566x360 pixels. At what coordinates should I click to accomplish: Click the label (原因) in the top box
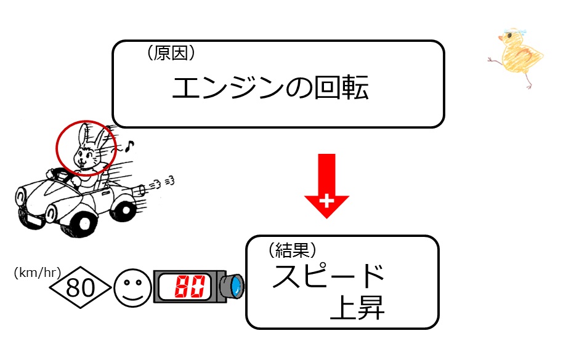[x=171, y=54]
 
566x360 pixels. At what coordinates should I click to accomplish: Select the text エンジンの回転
[x=270, y=87]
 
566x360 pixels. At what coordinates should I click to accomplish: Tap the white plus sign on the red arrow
[x=326, y=201]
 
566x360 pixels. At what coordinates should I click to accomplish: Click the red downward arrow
[x=326, y=186]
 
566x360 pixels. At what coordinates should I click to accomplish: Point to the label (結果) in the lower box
[x=293, y=250]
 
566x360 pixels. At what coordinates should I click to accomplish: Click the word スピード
[x=328, y=276]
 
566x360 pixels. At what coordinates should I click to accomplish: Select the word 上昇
[x=357, y=307]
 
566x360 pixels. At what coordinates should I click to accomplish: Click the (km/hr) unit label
[x=38, y=273]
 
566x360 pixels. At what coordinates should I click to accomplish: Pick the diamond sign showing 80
[x=80, y=287]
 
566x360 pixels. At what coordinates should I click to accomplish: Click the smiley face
[x=132, y=288]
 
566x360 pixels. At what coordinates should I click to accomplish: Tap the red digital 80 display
[x=190, y=286]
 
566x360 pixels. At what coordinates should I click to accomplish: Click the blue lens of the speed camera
[x=237, y=286]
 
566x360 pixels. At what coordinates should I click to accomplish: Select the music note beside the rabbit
[x=130, y=145]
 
